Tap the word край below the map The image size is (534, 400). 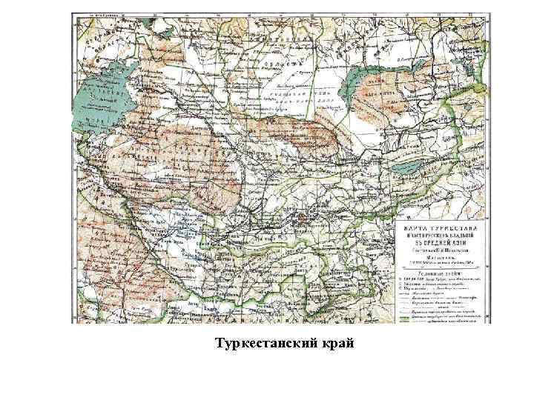(x=336, y=344)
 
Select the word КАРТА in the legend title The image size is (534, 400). (x=421, y=228)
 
